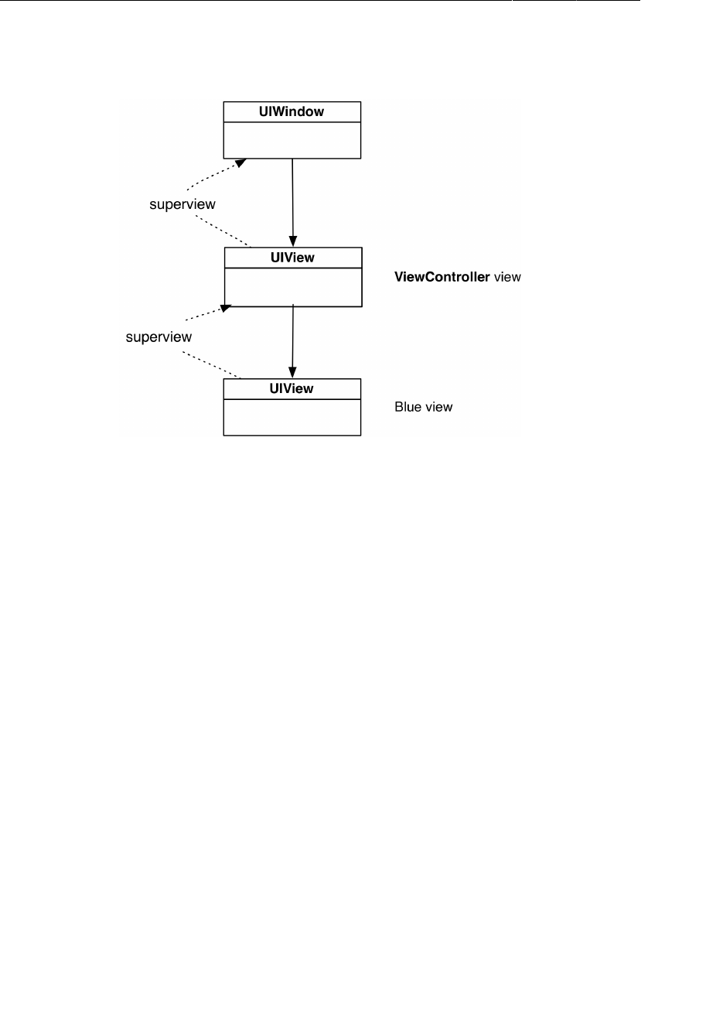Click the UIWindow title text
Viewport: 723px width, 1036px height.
coord(292,112)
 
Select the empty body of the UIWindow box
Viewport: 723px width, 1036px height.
coord(292,140)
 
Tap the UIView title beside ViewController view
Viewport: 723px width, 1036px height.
coord(292,258)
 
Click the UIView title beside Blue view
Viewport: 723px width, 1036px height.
coord(292,388)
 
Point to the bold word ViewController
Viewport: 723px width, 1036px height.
coord(442,277)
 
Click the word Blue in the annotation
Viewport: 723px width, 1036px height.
coord(408,407)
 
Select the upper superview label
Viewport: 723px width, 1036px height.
coord(182,204)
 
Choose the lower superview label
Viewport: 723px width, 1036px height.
coord(159,337)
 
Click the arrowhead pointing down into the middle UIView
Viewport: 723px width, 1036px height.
coord(293,241)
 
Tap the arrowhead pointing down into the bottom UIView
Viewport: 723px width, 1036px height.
coord(292,372)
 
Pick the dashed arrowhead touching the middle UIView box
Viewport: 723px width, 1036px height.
coord(226,309)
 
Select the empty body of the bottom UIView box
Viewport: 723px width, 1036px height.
coord(292,417)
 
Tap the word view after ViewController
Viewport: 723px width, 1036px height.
coord(507,277)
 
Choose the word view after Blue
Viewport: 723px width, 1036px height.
coord(438,407)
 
